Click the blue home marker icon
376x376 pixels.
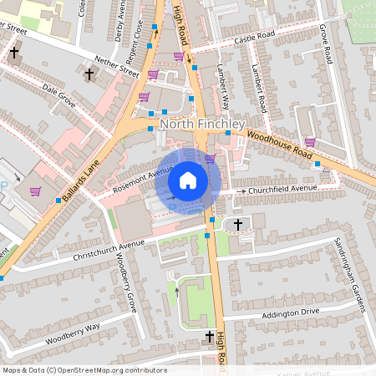click(x=188, y=180)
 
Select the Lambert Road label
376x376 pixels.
click(x=260, y=91)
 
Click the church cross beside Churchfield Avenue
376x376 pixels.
click(x=238, y=225)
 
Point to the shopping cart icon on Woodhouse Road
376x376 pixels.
click(x=310, y=142)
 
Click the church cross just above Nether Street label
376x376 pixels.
click(x=89, y=74)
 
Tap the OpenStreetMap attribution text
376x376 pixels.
click(x=84, y=369)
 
